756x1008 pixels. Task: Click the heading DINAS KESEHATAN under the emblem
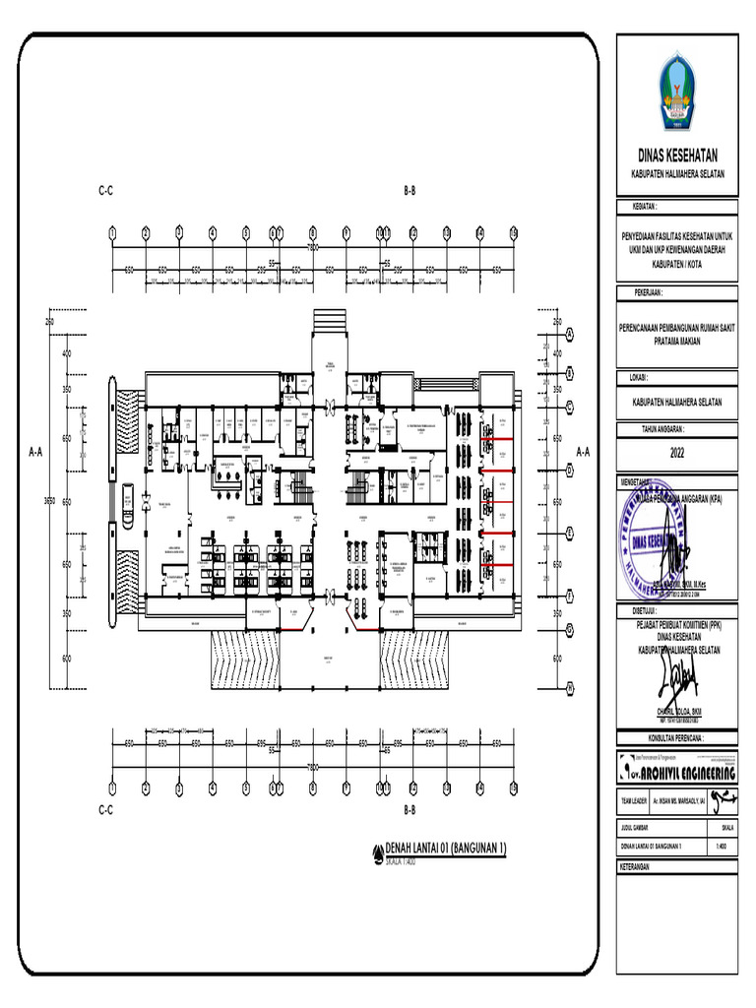[676, 156]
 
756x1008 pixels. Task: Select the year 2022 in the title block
[676, 454]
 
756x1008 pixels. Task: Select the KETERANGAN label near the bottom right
[637, 867]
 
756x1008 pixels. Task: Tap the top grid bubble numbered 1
[112, 233]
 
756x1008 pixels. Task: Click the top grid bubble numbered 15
[513, 233]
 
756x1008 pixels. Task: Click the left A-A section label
[35, 452]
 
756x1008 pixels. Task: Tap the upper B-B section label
[409, 190]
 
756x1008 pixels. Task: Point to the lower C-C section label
[105, 809]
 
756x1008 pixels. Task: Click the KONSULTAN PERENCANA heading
[676, 735]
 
